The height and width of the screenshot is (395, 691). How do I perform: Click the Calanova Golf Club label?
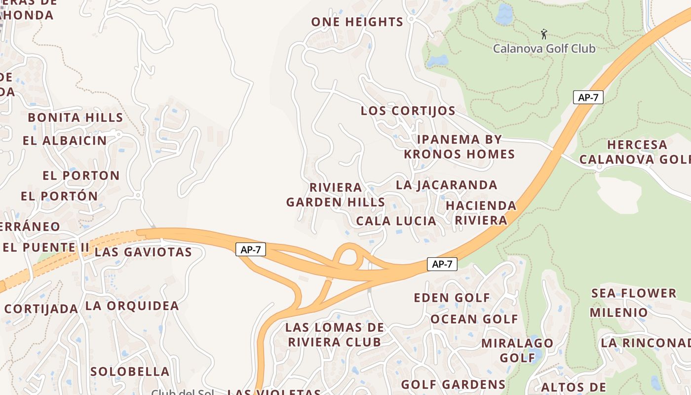click(x=544, y=48)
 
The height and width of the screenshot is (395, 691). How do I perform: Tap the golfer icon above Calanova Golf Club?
click(x=544, y=34)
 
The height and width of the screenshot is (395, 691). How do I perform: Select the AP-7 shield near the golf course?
click(x=588, y=97)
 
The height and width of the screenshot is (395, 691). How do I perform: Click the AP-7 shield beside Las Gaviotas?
click(x=251, y=250)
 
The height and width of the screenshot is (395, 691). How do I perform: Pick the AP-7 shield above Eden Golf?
click(x=442, y=264)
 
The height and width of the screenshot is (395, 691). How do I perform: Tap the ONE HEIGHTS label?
click(x=357, y=22)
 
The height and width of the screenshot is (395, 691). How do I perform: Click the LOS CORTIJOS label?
click(x=408, y=111)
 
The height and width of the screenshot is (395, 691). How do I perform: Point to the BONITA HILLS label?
click(x=75, y=118)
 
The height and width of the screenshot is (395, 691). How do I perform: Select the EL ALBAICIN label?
click(x=65, y=141)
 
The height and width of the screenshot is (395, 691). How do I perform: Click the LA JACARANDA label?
click(x=447, y=185)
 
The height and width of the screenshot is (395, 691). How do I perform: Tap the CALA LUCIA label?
click(x=396, y=221)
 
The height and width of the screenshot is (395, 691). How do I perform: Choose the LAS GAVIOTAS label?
click(x=143, y=252)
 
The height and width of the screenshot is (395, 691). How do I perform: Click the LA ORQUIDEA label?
click(x=132, y=306)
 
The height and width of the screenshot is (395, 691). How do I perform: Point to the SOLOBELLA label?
click(x=130, y=371)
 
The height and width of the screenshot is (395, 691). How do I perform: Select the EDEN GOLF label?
click(x=452, y=298)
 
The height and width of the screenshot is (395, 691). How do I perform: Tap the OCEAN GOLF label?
click(x=474, y=319)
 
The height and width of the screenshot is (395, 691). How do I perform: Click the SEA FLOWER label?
click(x=634, y=293)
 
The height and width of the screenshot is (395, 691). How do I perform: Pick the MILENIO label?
click(x=618, y=313)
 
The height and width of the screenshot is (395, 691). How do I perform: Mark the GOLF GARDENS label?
click(x=453, y=384)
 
